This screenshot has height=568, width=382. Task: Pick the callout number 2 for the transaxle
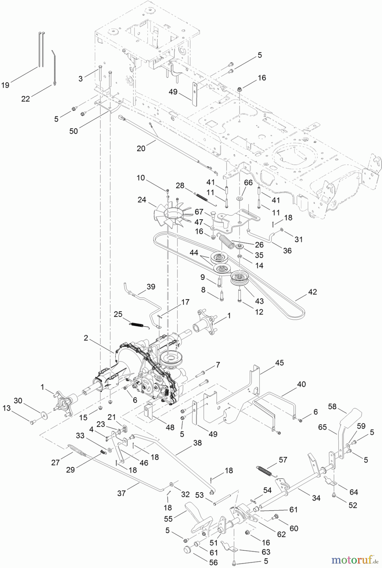click(86, 338)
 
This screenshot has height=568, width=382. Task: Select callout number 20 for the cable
click(141, 148)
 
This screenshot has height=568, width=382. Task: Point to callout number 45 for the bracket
click(279, 363)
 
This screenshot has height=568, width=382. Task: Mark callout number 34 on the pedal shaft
click(316, 498)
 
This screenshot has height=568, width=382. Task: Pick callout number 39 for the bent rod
click(151, 287)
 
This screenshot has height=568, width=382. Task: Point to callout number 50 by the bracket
click(73, 131)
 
